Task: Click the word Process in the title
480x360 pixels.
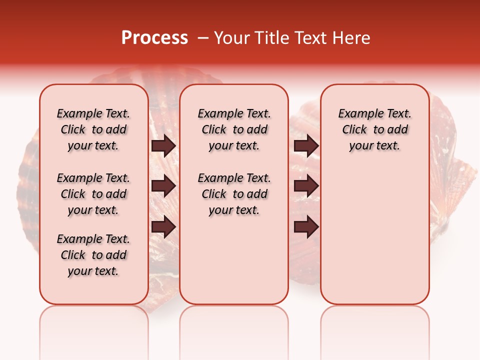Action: pos(154,38)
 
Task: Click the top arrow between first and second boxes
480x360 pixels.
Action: pos(163,145)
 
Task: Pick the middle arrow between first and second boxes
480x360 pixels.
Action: pos(163,186)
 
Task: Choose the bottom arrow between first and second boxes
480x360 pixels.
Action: pos(163,227)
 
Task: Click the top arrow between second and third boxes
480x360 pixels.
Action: pos(306,145)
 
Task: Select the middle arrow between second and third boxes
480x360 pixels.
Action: pos(306,186)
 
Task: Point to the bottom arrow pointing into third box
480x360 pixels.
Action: pos(306,227)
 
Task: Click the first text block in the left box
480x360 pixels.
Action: pos(93,129)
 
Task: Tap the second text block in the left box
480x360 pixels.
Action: pos(93,194)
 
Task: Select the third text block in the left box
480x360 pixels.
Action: pos(93,255)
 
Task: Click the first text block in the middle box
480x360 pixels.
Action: pos(234,129)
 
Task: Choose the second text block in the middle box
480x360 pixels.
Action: pos(234,194)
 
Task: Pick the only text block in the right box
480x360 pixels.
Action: pos(375,129)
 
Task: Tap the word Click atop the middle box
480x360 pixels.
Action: pos(214,130)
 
